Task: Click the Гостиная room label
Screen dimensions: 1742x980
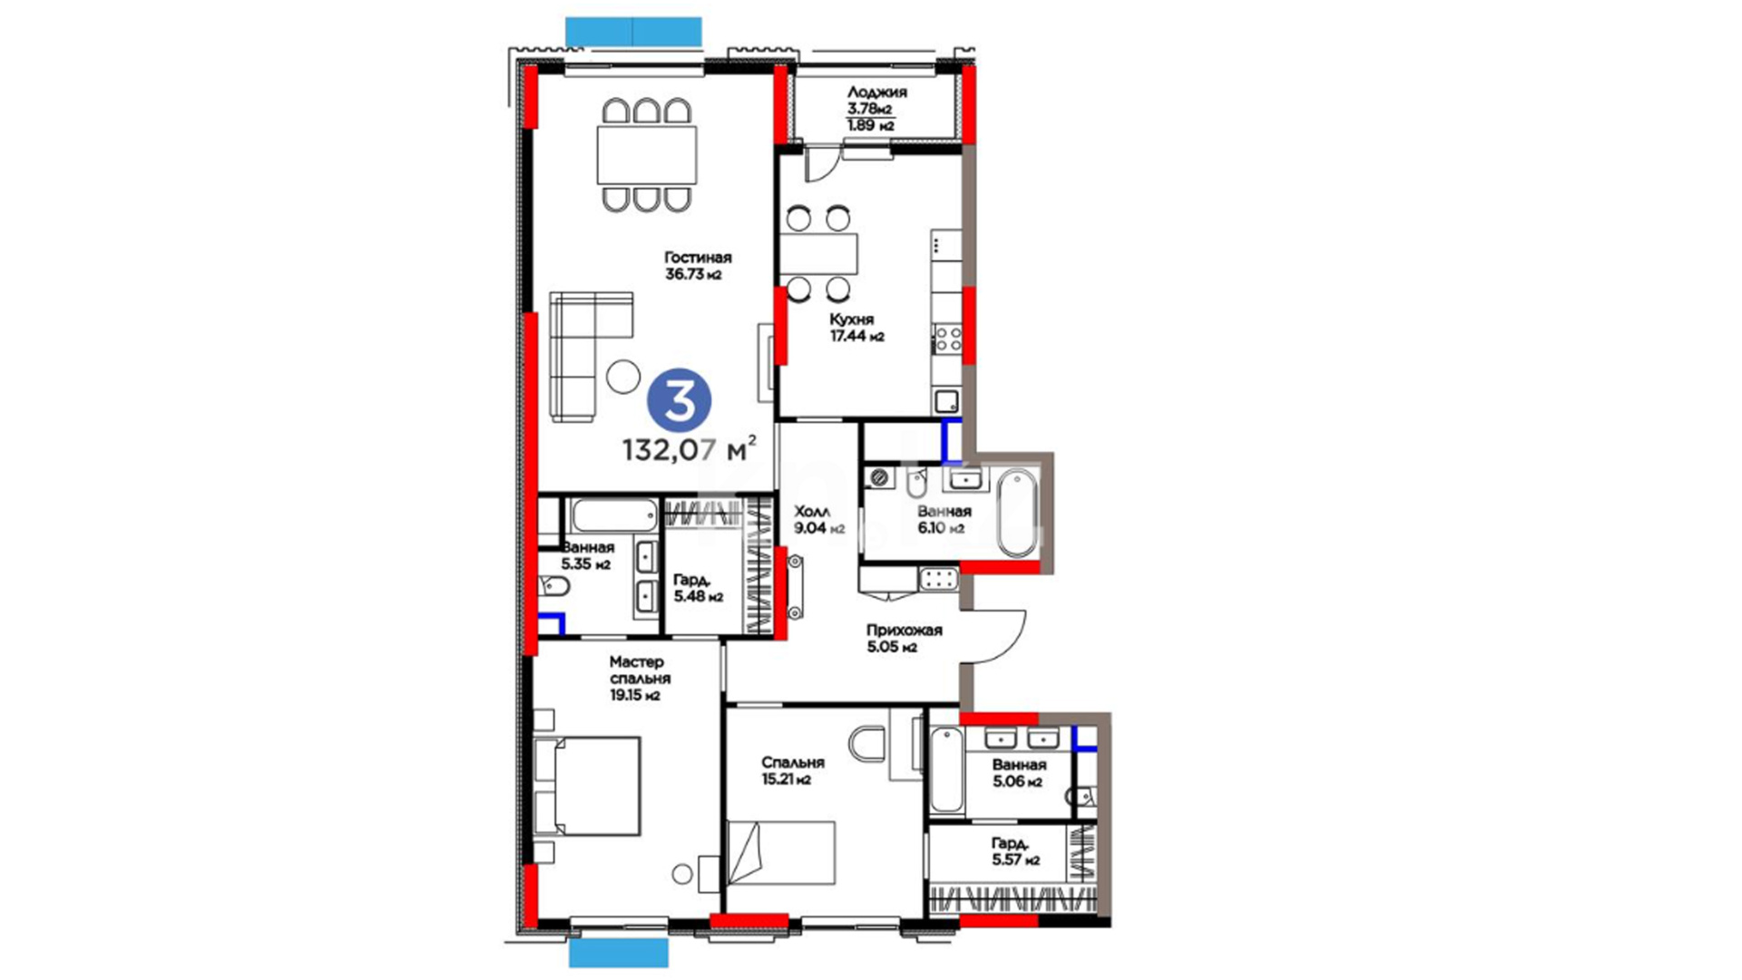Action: [x=697, y=258]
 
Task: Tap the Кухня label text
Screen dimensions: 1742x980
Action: [x=851, y=319]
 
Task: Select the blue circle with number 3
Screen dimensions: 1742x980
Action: [x=679, y=400]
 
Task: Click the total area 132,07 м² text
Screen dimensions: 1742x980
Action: [x=689, y=448]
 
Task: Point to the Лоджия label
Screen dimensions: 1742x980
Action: [x=876, y=92]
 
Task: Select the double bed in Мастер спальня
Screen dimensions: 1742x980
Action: [x=587, y=785]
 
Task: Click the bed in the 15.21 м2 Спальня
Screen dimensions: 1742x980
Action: [x=780, y=852]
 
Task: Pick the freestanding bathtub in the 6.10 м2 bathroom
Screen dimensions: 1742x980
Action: [x=1015, y=514]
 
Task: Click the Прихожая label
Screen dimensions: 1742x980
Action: [x=904, y=630]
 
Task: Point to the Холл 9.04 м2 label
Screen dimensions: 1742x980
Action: [x=819, y=520]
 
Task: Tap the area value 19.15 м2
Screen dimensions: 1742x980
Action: [x=634, y=696]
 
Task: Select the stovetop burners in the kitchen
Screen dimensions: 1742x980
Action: [x=948, y=339]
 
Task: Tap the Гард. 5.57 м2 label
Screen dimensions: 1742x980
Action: [x=1016, y=851]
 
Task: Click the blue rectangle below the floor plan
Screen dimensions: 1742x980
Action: [x=619, y=953]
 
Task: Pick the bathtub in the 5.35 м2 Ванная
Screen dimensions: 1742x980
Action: [x=614, y=516]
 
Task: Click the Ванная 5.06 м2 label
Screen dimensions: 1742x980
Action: [x=1018, y=773]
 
